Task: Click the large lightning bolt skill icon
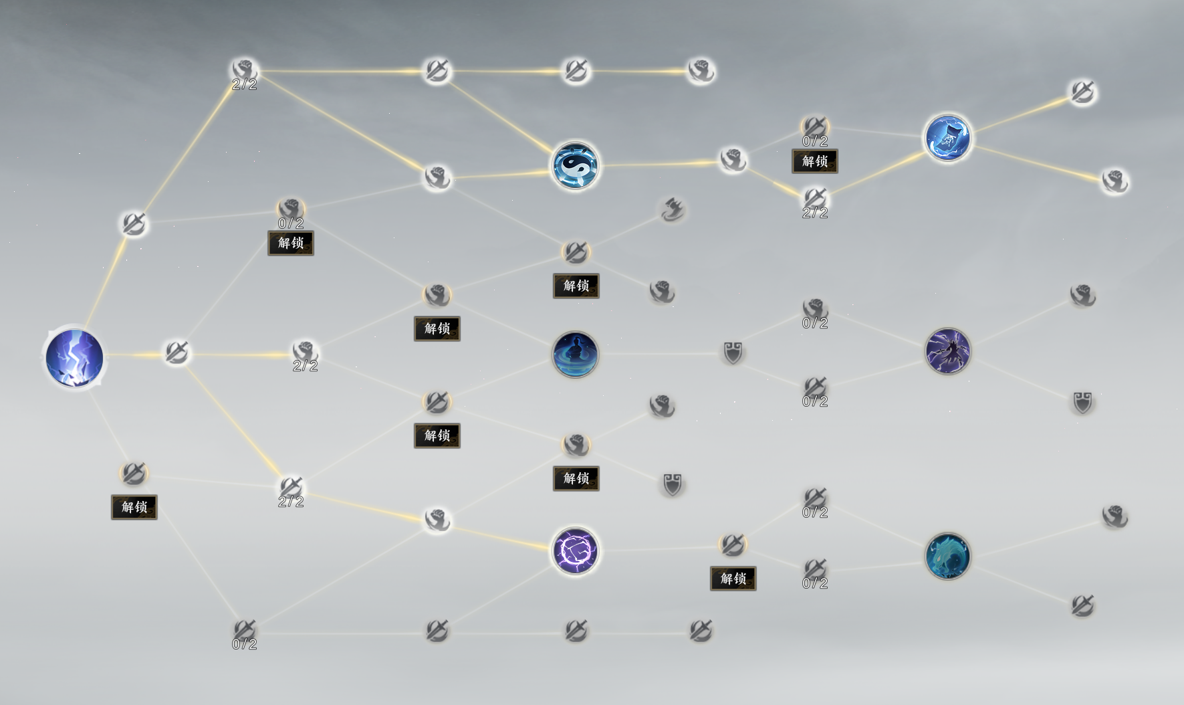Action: click(x=74, y=358)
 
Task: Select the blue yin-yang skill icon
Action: click(x=576, y=166)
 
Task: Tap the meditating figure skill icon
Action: click(x=576, y=354)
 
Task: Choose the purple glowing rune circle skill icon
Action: click(x=576, y=551)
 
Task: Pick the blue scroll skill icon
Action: click(x=947, y=138)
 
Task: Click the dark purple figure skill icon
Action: click(x=947, y=351)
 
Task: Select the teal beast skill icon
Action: click(x=947, y=556)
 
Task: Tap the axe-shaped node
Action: click(x=672, y=210)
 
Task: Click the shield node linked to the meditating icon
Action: click(x=733, y=352)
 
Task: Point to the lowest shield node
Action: click(x=672, y=484)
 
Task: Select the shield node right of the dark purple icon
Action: click(x=1082, y=403)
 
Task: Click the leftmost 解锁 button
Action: click(x=134, y=507)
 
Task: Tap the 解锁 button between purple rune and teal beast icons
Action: click(x=733, y=579)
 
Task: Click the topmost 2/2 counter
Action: click(x=245, y=84)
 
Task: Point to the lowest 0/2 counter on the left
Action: click(x=245, y=644)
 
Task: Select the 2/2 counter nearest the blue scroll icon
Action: click(x=815, y=213)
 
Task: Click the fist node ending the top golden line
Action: click(x=701, y=70)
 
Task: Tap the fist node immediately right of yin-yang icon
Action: click(x=733, y=160)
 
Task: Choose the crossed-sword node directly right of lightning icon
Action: click(x=176, y=352)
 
